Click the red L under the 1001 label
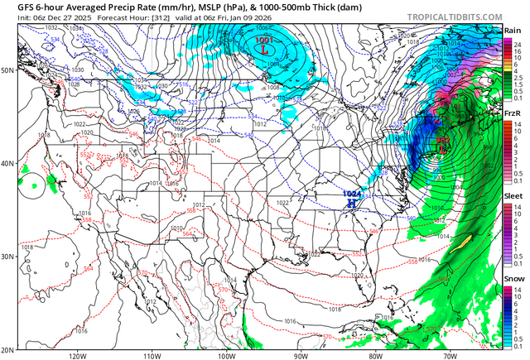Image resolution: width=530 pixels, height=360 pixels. (x=264, y=50)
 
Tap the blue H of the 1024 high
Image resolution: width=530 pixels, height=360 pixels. (x=352, y=202)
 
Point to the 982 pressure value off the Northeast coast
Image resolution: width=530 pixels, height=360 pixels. (x=444, y=141)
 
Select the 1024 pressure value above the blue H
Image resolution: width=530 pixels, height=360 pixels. (x=351, y=193)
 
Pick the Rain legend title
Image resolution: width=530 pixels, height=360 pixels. (x=513, y=30)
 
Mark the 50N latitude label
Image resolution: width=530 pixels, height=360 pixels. (x=7, y=70)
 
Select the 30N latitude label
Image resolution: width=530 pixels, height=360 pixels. (x=7, y=257)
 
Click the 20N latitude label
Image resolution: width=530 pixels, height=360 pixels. (x=7, y=350)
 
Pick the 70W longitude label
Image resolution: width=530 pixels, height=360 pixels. (x=450, y=356)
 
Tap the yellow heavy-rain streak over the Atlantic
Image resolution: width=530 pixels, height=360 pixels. (x=465, y=241)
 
